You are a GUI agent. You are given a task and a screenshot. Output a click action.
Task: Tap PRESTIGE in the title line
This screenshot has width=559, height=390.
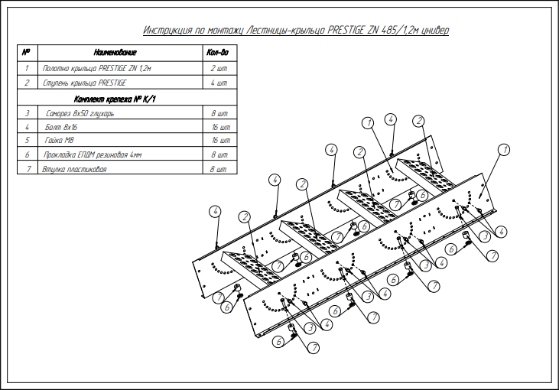point(349,31)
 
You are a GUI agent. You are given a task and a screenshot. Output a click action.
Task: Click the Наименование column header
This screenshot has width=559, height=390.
point(115,54)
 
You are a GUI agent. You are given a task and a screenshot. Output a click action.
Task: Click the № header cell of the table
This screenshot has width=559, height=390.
point(26,54)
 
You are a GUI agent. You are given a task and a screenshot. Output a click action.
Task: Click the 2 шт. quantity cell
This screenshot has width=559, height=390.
point(219,68)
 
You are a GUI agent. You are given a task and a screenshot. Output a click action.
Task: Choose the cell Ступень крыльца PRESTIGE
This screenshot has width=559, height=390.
point(84,83)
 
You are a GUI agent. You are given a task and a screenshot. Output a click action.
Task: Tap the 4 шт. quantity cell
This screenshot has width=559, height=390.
point(219,83)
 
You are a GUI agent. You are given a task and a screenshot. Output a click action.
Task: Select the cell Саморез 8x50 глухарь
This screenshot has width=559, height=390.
point(80,112)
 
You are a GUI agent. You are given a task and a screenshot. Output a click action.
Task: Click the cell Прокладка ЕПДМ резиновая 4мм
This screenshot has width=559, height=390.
point(93,154)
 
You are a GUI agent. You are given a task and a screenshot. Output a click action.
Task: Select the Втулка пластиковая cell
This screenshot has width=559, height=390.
point(73,169)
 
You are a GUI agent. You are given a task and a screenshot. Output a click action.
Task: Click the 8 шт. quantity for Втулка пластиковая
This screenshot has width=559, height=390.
point(219,169)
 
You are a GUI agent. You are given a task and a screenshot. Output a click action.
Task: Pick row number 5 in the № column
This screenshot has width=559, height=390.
point(26,141)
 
